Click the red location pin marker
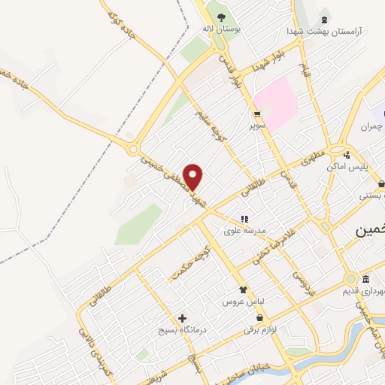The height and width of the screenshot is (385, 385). point(194,177)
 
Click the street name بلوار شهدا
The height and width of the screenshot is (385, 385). point(270,59)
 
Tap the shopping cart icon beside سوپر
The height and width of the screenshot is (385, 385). point(258,114)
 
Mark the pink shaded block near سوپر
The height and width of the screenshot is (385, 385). point(275,105)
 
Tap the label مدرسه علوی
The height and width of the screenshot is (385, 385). point(244,231)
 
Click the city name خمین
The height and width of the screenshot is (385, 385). point(369,232)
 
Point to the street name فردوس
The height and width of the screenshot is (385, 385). point(301,281)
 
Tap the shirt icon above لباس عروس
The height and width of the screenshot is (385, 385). point(242,290)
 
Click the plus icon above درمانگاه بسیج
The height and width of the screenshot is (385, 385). point(181,318)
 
